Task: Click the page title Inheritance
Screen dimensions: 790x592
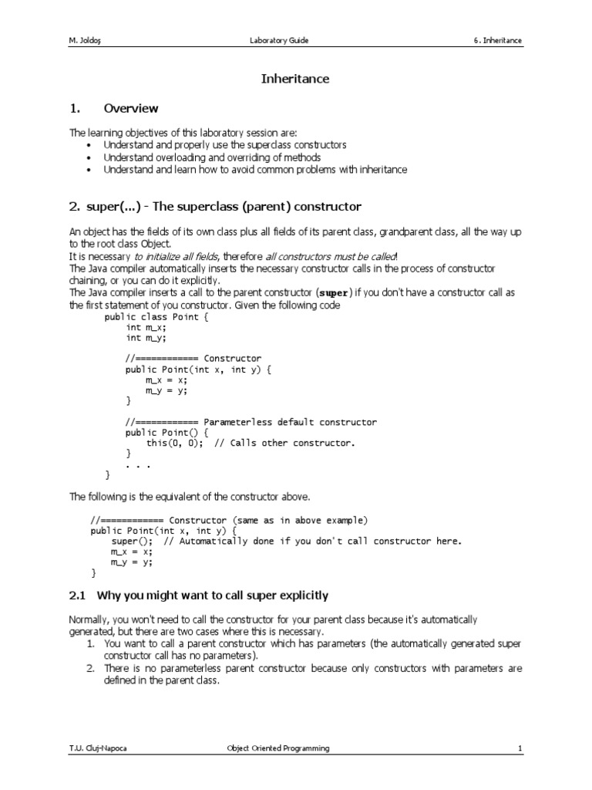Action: [296, 79]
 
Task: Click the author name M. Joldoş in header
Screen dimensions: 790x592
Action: [88, 40]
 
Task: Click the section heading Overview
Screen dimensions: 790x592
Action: [131, 109]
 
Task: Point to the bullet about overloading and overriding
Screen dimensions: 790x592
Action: [212, 157]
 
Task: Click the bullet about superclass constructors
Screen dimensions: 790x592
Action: [225, 145]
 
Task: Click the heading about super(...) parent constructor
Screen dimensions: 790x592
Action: [215, 207]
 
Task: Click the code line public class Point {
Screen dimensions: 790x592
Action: [152, 316]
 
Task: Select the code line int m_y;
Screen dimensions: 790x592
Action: [146, 337]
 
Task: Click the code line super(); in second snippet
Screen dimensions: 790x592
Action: [129, 541]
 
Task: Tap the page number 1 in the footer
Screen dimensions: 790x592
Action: [520, 748]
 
